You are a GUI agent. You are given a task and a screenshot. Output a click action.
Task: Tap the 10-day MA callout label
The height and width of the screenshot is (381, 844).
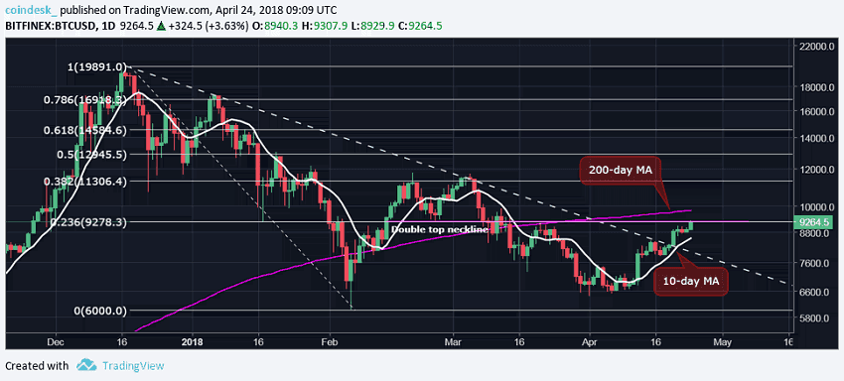(690, 283)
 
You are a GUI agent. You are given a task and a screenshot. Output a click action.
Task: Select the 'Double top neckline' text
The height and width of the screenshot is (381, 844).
(439, 229)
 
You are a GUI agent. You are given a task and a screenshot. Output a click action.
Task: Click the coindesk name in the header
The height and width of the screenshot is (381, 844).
(33, 10)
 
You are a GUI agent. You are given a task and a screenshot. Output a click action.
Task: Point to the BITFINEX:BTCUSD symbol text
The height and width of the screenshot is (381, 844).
(48, 29)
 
